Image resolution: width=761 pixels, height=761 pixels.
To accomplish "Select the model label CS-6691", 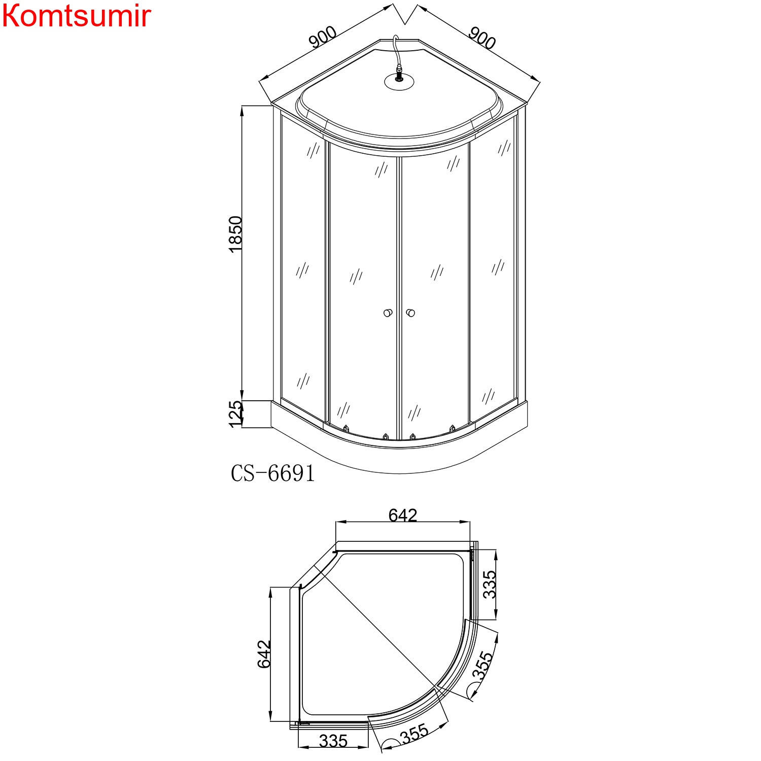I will point(272,473).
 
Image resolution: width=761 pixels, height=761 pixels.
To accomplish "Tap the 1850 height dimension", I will point(235,234).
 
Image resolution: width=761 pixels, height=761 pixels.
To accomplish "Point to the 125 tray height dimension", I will point(235,414).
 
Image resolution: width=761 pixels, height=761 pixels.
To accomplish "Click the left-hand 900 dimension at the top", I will point(323,37).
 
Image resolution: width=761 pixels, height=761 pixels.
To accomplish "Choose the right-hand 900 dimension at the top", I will point(481,38).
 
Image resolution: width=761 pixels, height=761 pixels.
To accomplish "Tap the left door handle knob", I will point(388,313).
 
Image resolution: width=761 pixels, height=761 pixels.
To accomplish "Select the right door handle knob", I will point(410,313).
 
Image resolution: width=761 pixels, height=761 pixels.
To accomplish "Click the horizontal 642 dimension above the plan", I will point(403,515).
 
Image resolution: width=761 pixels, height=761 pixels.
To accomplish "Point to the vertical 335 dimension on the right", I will point(490,584).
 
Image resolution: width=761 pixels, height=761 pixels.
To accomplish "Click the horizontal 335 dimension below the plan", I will point(333,741).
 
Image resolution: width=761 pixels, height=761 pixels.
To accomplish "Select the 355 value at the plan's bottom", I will point(414,734).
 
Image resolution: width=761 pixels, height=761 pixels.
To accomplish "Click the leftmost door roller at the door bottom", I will point(346,428).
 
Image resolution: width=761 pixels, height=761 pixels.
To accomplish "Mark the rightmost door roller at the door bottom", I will point(452,428).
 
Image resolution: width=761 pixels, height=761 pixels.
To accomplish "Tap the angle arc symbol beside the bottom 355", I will point(390,744).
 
